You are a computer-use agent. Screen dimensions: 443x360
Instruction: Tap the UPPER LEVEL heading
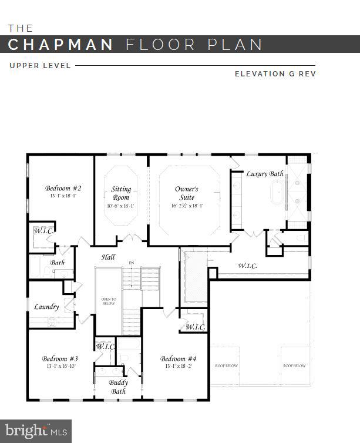click(x=40, y=66)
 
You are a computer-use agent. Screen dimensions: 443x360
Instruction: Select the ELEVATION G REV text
click(x=275, y=74)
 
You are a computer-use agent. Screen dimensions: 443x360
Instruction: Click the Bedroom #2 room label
click(x=63, y=188)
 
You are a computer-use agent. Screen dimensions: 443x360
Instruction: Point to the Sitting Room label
click(x=121, y=193)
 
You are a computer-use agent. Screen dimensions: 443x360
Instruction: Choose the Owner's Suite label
click(x=187, y=193)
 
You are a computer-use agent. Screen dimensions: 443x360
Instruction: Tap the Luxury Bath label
click(x=264, y=174)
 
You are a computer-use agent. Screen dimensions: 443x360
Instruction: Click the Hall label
click(x=108, y=257)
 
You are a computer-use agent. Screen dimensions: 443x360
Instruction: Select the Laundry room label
click(x=46, y=307)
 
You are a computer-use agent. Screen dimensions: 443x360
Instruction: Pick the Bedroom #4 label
click(x=178, y=358)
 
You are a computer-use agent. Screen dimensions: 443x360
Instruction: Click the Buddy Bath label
click(x=118, y=387)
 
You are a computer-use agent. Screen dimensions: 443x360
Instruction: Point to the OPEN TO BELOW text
click(x=109, y=301)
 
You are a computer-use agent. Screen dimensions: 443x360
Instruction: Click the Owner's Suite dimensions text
click(x=187, y=206)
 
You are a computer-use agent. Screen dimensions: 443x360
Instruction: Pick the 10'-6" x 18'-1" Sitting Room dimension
click(x=121, y=206)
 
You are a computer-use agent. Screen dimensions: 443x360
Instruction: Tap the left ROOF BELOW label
click(x=226, y=365)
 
